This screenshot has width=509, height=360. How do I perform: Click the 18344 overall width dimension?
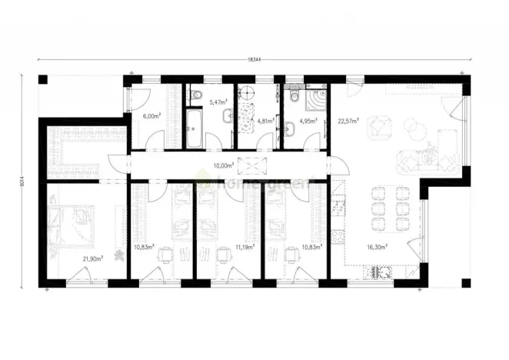point(253,58)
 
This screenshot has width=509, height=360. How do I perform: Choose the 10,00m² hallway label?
point(223,165)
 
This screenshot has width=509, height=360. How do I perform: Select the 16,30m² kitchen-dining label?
point(376,248)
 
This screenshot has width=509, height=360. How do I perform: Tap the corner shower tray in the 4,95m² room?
point(315,101)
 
